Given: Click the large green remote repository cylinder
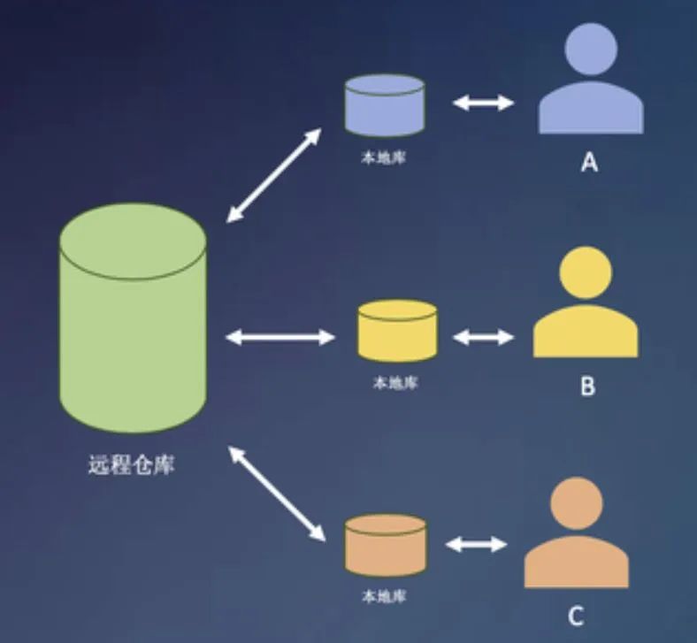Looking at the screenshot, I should tap(133, 318).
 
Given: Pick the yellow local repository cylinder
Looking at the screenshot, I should tap(398, 331).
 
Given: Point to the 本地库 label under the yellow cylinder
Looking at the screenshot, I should tap(395, 384).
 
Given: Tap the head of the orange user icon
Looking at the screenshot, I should tap(576, 504).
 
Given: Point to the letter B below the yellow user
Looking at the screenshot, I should tap(587, 387).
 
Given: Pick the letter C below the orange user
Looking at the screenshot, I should tap(576, 614).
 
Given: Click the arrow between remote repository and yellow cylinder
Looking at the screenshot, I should tap(280, 337).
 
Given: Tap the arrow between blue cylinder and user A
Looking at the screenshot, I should tap(483, 103).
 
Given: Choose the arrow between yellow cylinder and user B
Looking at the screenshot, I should tap(483, 337).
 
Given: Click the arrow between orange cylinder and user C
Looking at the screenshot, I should tap(477, 545).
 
